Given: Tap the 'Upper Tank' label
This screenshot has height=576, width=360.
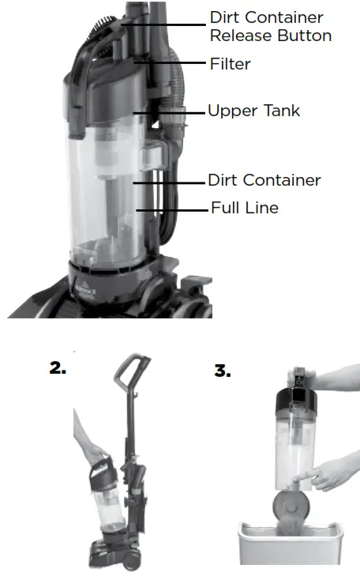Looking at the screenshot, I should point(253,111).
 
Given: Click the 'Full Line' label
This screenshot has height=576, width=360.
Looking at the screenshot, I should point(244,209).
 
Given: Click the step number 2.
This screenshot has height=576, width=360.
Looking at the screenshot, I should point(58,368).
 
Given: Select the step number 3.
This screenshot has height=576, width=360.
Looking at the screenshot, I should point(221,370).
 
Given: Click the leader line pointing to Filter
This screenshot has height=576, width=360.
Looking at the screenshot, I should point(171,62).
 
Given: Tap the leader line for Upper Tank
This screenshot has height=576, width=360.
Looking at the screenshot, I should point(170,111).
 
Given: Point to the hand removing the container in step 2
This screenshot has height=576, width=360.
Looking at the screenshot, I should point(88,446).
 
